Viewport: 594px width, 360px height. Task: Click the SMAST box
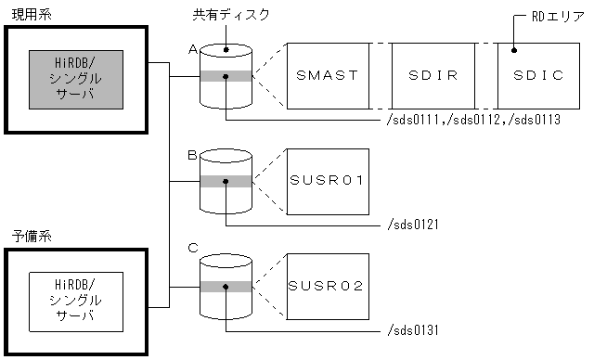tap(328, 75)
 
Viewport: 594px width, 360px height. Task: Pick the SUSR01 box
tap(328, 179)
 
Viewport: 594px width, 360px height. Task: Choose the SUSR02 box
tap(328, 284)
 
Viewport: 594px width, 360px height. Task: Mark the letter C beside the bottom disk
tap(192, 248)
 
